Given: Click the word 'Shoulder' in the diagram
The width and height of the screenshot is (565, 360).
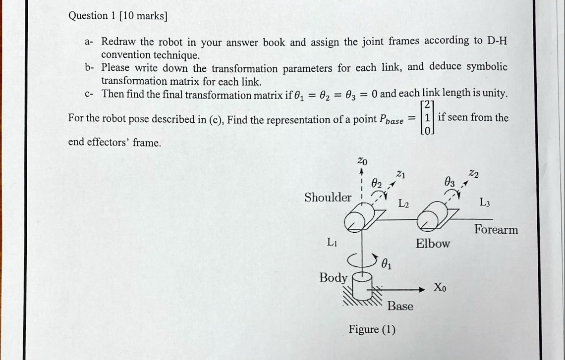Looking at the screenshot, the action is tap(328, 198).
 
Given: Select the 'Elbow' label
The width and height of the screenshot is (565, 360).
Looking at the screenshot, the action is tap(433, 244).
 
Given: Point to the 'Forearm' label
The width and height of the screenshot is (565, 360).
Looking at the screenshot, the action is tap(496, 230).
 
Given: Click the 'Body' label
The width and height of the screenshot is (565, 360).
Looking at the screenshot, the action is tap(333, 278).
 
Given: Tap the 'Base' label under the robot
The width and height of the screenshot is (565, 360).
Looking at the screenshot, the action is tap(400, 307).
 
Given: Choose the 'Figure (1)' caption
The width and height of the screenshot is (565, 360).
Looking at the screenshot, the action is tap(372, 329).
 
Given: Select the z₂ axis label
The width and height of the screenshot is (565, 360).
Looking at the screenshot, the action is tap(474, 173).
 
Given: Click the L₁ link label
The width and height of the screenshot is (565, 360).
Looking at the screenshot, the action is tap(332, 243).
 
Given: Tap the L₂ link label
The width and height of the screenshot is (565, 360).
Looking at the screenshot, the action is tap(404, 204).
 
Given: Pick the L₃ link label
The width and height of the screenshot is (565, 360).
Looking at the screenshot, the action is tap(485, 202).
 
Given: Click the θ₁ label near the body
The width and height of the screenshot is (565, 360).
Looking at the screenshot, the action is tap(387, 264).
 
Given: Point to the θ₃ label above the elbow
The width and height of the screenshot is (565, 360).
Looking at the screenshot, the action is tap(449, 182).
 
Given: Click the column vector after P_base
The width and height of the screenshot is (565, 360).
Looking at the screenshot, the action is tap(427, 117).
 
